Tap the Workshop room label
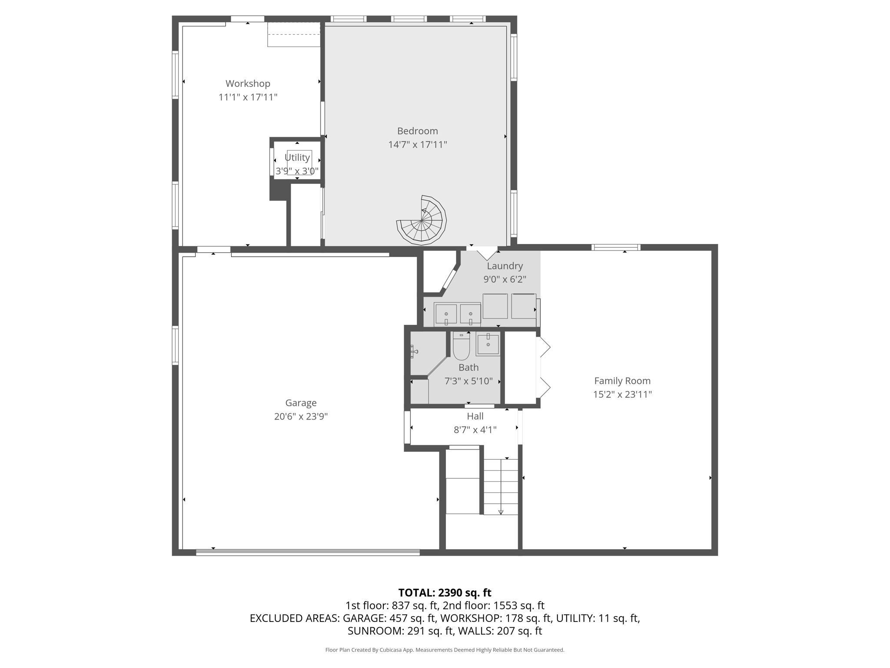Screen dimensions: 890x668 tap(248, 83)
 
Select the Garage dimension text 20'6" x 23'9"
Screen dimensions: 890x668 tap(301, 416)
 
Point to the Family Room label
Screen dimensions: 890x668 tap(622, 381)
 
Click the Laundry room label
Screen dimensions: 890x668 tap(505, 266)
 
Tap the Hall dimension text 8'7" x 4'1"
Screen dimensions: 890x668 tap(475, 430)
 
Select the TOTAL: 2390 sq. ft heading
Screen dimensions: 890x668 tap(445, 592)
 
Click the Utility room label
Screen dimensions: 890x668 tap(297, 157)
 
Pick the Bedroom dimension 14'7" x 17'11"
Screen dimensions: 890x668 tap(418, 144)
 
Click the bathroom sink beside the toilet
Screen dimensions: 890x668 tap(488, 344)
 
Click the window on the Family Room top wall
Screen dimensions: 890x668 tap(616, 247)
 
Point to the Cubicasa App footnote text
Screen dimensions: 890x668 tap(445, 650)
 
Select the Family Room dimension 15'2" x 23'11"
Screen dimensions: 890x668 tap(622, 394)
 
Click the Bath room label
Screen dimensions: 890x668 tap(468, 367)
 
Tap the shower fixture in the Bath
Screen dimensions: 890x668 tap(414, 351)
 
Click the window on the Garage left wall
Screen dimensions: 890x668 tap(175, 345)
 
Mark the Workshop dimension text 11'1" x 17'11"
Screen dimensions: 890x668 tap(248, 97)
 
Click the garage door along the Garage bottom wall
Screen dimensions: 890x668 tap(308, 552)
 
